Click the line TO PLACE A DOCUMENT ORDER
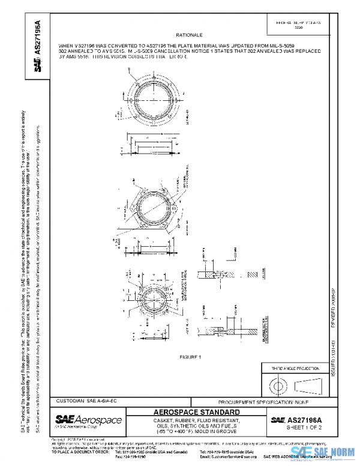point(79,451)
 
